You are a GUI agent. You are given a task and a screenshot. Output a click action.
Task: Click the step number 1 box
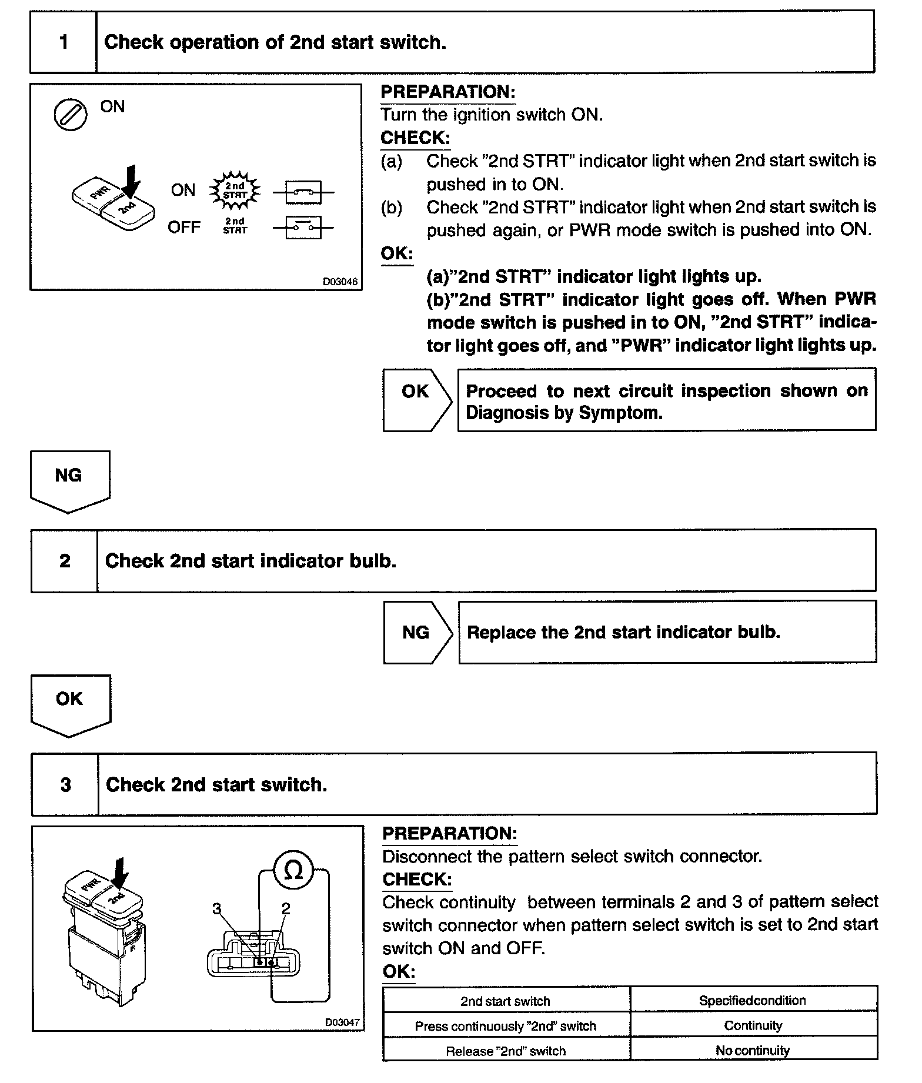coord(64,42)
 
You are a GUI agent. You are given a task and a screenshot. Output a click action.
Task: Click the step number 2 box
coord(65,561)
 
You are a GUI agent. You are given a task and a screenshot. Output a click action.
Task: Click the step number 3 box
coord(65,785)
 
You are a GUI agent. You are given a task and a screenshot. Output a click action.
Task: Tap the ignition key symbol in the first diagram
coord(70,114)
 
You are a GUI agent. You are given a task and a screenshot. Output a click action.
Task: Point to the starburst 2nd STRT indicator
coord(235,190)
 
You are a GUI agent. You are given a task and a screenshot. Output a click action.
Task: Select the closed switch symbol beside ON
coord(303,192)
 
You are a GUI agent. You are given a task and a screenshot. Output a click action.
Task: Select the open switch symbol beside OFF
coord(303,228)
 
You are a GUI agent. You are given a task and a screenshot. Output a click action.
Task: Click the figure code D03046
coord(340,282)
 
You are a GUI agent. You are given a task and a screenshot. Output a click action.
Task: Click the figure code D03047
coord(342,1022)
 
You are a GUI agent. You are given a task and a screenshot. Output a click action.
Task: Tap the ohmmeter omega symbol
coord(293,871)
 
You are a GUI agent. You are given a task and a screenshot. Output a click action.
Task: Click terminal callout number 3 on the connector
coord(217,909)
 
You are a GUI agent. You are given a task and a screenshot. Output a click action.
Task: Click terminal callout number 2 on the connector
coord(286,909)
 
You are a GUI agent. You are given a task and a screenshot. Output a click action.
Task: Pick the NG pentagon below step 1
coord(69,479)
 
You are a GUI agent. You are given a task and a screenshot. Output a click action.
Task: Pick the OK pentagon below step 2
coord(70,703)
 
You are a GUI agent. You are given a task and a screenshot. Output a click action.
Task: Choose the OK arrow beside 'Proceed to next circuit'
coord(416,399)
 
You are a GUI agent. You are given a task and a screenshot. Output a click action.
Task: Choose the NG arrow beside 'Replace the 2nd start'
coord(417,633)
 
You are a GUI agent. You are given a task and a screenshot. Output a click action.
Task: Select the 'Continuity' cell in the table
coord(753,1026)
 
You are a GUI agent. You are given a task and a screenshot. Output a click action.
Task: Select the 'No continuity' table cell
coord(753,1051)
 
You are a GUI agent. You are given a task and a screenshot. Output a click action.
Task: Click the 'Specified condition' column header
coord(753,1001)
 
